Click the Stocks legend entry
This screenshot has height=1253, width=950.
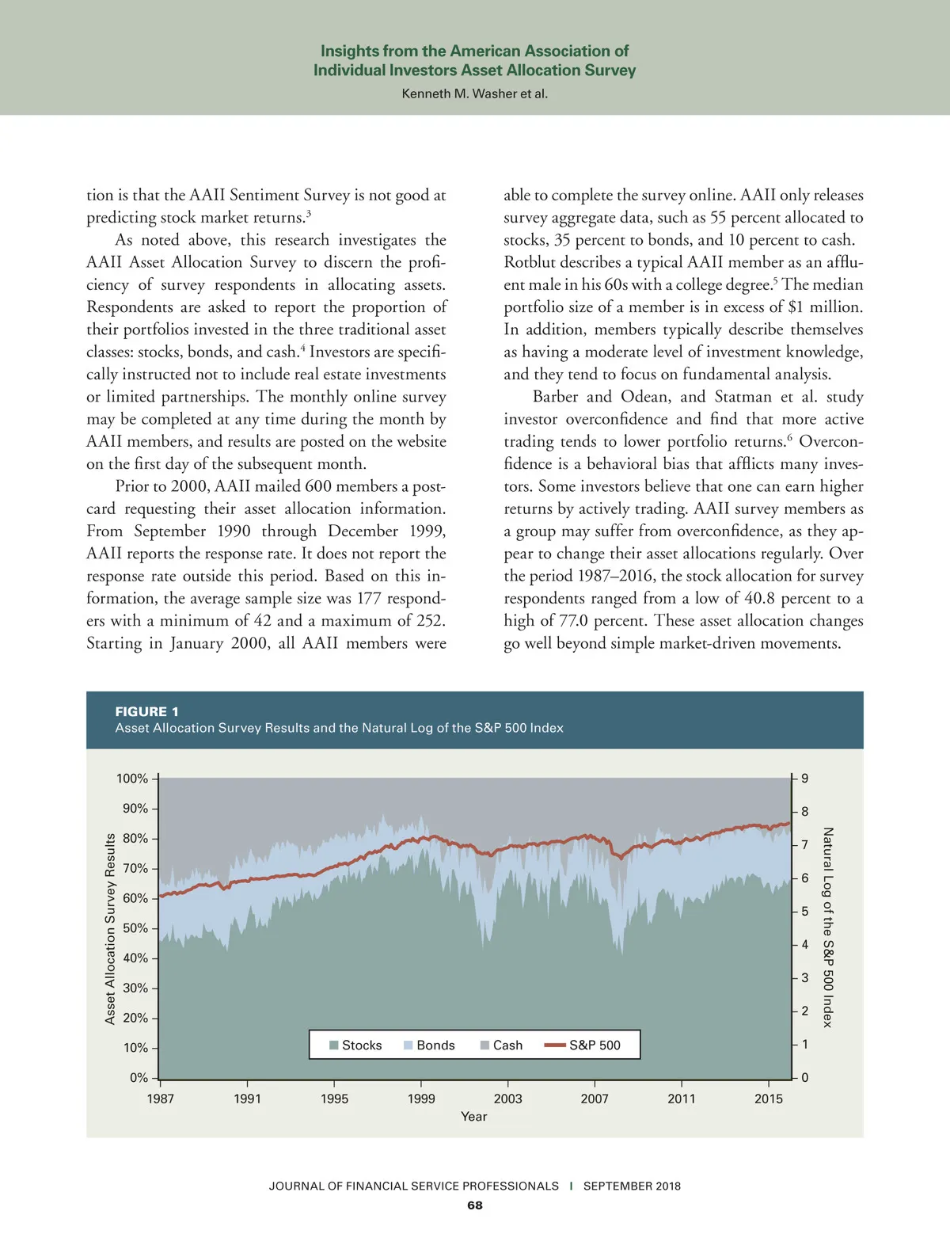(x=355, y=1045)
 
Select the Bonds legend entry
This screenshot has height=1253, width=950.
(x=429, y=1045)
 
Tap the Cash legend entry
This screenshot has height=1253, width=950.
(x=501, y=1045)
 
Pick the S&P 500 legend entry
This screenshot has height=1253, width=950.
(x=583, y=1045)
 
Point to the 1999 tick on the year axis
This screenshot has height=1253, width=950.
(x=421, y=1099)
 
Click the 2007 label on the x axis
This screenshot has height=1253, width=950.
(x=595, y=1099)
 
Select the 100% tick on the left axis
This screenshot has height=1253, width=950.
(x=132, y=779)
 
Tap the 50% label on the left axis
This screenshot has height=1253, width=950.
(x=135, y=928)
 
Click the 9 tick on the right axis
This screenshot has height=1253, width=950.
(x=804, y=779)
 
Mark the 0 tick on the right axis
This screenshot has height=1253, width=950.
(x=804, y=1078)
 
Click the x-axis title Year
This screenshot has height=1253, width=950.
(x=473, y=1117)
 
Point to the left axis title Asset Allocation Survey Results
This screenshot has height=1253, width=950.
(x=110, y=928)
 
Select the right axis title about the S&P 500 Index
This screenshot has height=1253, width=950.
(x=827, y=928)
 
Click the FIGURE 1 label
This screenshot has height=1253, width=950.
(x=146, y=711)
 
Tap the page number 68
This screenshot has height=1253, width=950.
(x=474, y=1205)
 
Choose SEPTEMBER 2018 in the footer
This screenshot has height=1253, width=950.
(x=632, y=1186)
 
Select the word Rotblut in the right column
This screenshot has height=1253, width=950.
(x=533, y=262)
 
